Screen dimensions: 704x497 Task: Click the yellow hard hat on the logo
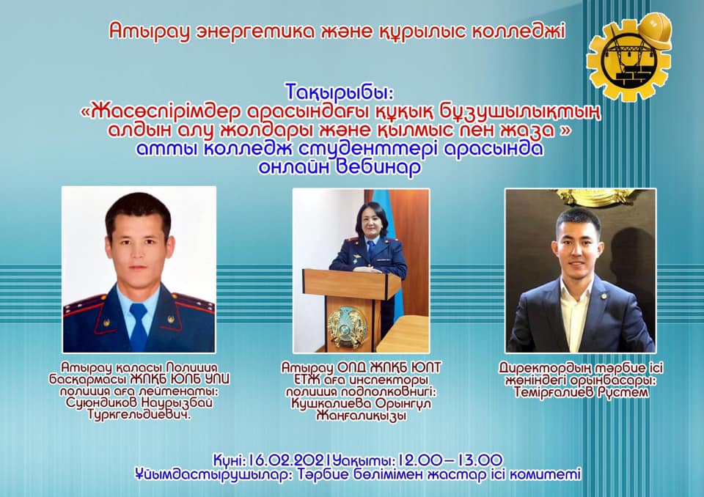pos(654,29)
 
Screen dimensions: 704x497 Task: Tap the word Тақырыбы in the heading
pos(339,92)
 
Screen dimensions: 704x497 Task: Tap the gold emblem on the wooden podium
pos(347,327)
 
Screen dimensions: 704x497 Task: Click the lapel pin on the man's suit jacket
pos(604,296)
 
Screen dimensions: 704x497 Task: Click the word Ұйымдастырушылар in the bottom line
pos(210,474)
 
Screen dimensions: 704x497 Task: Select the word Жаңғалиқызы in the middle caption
pos(362,416)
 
